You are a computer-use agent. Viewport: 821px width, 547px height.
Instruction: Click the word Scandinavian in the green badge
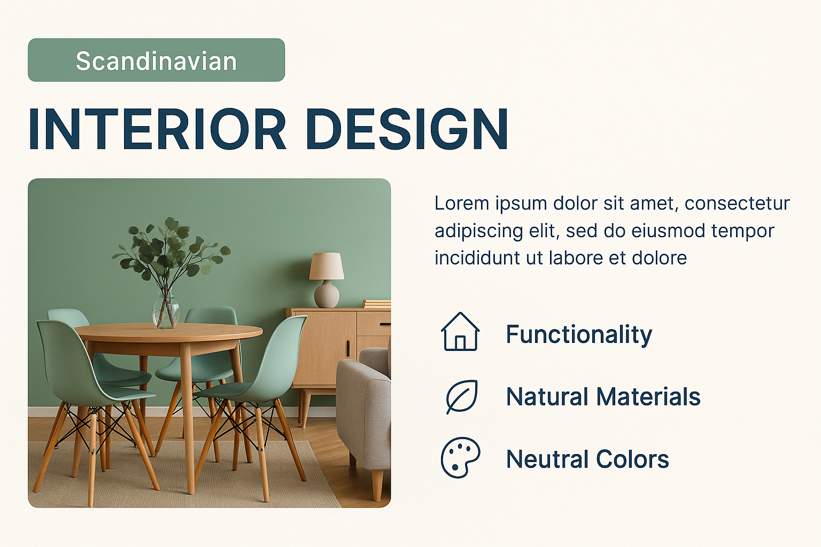point(156,61)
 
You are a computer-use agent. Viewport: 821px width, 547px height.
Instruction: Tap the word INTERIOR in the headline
point(157,129)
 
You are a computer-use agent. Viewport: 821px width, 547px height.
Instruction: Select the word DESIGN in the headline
point(407,129)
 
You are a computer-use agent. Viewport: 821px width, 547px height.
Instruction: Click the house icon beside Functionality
point(460,332)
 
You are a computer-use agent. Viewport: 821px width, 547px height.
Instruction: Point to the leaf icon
point(462,397)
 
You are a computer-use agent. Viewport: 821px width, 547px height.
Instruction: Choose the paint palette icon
point(460,457)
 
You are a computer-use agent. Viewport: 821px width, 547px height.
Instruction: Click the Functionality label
point(579,335)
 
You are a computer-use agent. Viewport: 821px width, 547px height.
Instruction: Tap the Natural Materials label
point(603,397)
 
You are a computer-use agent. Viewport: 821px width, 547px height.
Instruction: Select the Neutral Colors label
point(587,459)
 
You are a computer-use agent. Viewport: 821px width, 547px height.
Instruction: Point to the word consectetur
point(737,204)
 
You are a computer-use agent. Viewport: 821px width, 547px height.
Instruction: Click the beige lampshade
point(326,267)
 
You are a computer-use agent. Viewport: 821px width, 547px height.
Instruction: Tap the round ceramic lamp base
point(326,294)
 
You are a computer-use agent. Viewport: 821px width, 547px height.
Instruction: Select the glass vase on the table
point(166,310)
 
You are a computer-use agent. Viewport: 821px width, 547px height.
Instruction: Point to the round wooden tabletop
point(168,333)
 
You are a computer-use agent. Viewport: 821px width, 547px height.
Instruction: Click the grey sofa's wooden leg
point(377,485)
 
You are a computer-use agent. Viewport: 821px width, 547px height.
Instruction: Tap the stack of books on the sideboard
point(376,304)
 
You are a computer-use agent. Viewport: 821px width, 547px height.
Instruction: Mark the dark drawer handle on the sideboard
point(385,324)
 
